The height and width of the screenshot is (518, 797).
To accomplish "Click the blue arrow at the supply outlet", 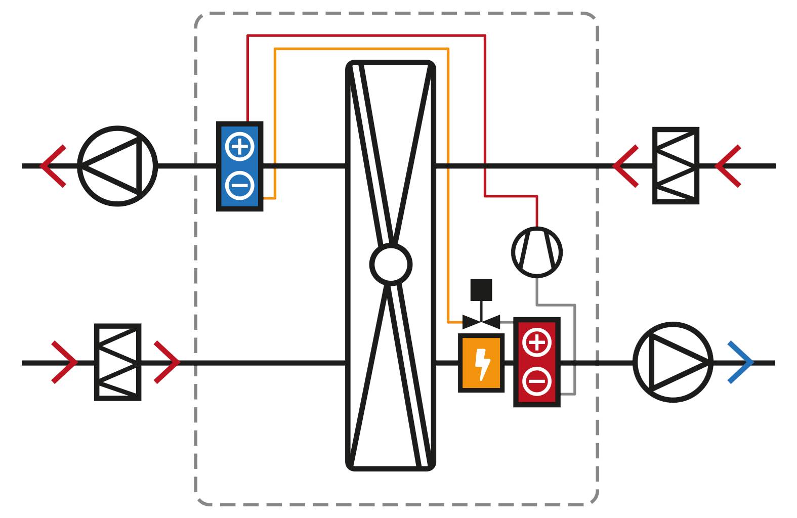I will [741, 362].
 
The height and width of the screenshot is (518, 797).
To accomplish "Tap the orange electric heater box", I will [481, 363].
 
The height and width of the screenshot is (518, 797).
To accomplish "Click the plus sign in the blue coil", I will [240, 147].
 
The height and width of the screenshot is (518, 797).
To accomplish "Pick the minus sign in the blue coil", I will [240, 185].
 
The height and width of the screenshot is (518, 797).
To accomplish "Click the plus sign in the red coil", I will [537, 343].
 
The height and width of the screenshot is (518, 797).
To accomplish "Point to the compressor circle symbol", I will [537, 252].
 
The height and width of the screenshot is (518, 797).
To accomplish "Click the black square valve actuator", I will [481, 290].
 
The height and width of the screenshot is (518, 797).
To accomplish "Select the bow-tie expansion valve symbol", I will [481, 322].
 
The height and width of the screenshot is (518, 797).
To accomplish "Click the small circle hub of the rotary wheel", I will [391, 264].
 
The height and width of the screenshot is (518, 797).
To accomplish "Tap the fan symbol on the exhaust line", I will [117, 166].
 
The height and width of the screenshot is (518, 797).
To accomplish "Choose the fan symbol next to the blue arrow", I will [673, 362].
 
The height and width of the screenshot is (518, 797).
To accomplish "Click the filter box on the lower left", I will [117, 362].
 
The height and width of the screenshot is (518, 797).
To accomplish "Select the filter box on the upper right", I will [676, 166].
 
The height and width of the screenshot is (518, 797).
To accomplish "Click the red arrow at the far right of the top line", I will [729, 166].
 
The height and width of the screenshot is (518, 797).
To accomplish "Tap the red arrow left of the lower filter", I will [65, 362].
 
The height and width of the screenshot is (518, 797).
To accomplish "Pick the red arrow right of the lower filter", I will [167, 362].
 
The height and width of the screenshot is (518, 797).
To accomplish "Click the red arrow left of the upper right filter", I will [626, 166].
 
